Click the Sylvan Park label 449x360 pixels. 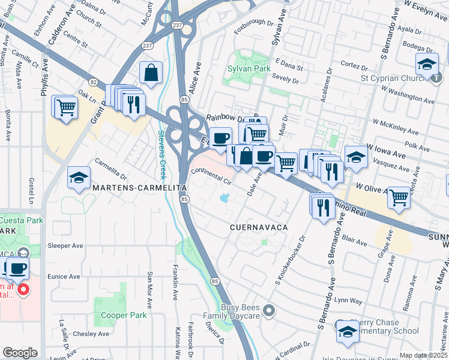[x=246, y=68]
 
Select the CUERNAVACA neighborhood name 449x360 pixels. [x=259, y=228]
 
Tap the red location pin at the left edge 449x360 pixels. [x=23, y=291]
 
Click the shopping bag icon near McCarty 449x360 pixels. [x=151, y=73]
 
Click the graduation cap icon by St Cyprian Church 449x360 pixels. [x=427, y=64]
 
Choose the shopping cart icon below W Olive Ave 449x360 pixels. [x=399, y=197]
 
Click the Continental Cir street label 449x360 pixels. [x=211, y=175]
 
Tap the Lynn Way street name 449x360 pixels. [x=349, y=299]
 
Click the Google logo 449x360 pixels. [x=20, y=352]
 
